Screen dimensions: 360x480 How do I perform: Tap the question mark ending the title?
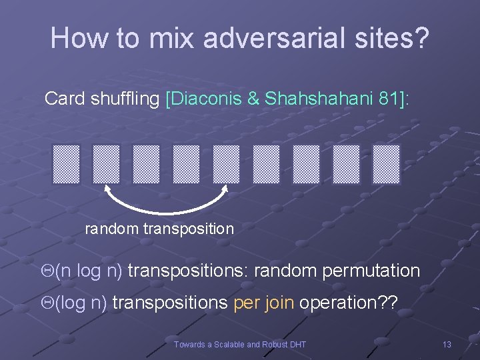coord(422,38)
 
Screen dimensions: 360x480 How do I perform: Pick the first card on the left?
coord(66,164)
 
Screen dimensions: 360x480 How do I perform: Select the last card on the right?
coord(386,164)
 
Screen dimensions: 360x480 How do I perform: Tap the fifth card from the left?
coord(226,164)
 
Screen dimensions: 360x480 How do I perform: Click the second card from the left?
coord(106,164)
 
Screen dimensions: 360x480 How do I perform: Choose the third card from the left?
coord(146,164)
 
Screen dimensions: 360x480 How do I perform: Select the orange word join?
coord(280,303)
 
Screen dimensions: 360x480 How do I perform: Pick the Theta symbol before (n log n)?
coord(47,271)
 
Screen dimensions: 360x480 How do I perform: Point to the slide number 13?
coord(447,344)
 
